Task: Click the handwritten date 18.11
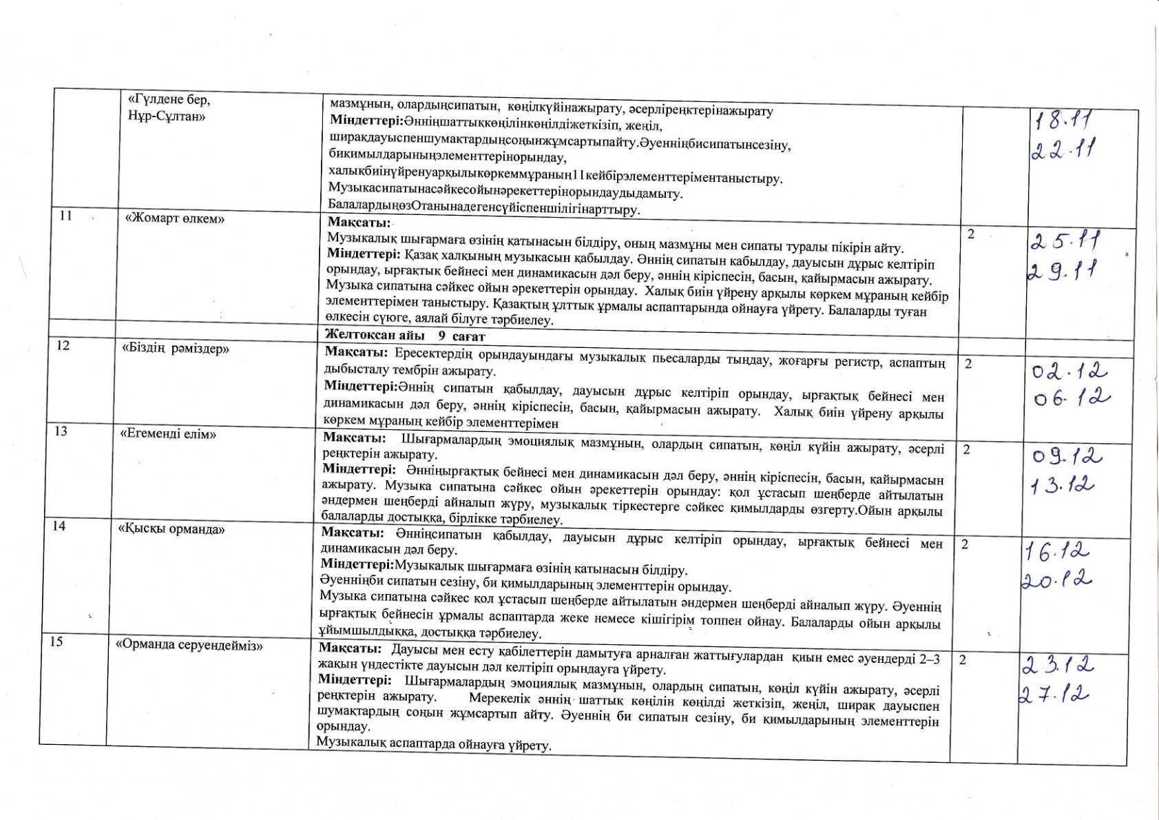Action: [x=1064, y=122]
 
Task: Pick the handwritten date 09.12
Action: [x=1067, y=457]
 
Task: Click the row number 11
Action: [x=66, y=216]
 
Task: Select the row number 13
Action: [x=61, y=431]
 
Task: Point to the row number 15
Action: [x=56, y=642]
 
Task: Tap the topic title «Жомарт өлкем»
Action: [x=176, y=218]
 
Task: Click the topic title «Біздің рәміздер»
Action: [x=175, y=348]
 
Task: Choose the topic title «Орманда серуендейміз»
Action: [x=190, y=646]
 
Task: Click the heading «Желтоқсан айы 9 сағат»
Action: [x=406, y=336]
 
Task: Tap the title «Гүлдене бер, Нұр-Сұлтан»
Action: [x=169, y=107]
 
